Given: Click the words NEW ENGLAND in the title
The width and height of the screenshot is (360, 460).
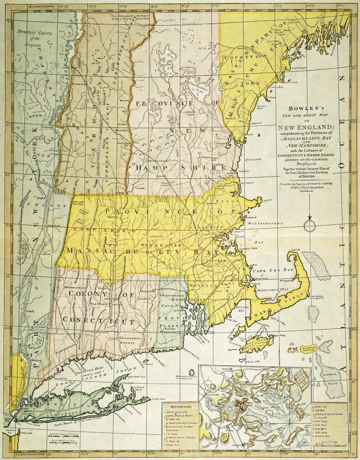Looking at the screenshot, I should tap(304, 126).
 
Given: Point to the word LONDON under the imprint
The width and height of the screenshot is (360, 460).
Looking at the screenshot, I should tap(304, 193).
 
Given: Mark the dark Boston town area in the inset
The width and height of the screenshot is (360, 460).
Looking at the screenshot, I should tap(240, 406).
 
